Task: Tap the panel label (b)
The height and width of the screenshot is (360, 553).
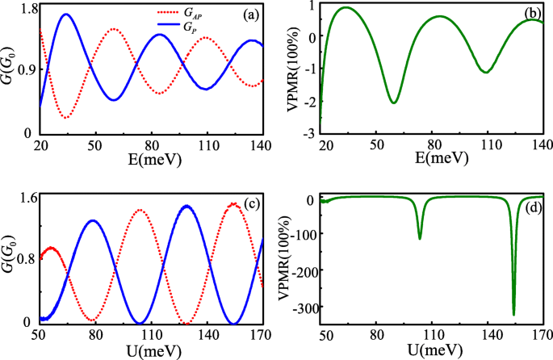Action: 530,14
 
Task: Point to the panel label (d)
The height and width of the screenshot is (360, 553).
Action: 530,212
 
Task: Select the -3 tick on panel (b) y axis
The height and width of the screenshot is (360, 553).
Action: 310,134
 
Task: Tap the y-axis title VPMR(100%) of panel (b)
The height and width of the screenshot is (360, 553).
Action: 287,69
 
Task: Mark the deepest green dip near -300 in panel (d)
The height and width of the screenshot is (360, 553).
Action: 513,314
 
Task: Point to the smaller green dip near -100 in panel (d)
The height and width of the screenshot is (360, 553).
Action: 420,237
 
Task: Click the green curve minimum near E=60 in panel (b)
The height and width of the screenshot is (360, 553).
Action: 393,103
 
